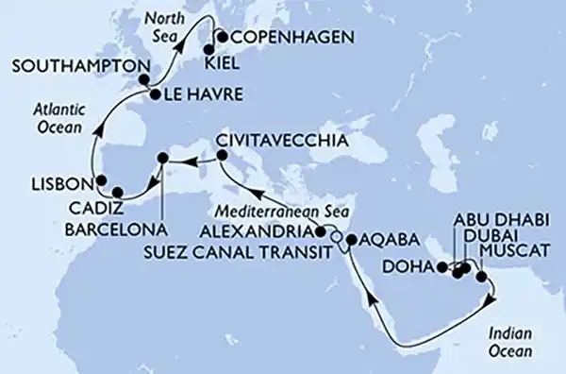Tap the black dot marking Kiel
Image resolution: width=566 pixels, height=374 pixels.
[208, 50]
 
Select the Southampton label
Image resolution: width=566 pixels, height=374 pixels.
[76, 68]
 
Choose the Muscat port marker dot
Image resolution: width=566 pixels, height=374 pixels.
[482, 277]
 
